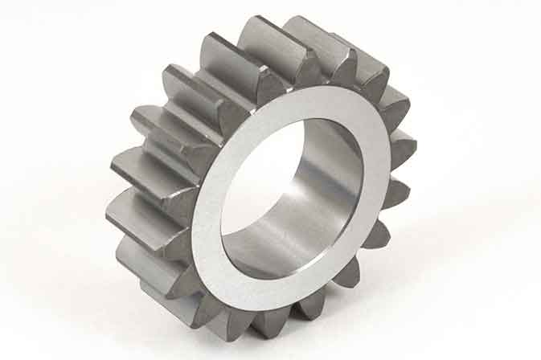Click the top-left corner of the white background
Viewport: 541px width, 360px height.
coord(4,4)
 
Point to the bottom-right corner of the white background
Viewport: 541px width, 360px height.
coord(536,355)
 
